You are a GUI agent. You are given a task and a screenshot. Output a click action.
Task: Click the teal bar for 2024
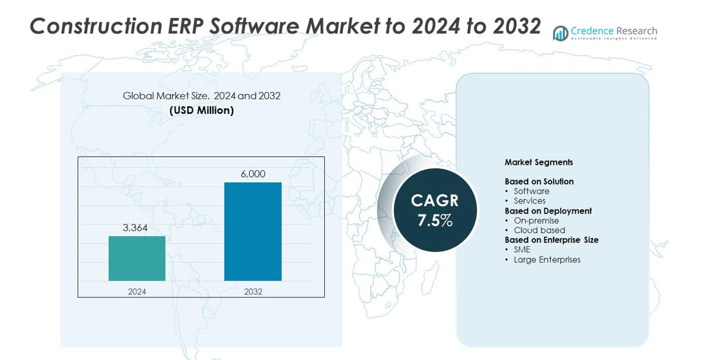(137, 258)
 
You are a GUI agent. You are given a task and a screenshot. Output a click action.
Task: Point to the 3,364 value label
(135, 228)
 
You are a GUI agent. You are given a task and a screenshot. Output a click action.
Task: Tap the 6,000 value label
(253, 174)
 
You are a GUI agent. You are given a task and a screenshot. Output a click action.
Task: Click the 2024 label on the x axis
(137, 292)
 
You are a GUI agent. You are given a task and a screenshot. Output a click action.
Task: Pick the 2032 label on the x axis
(253, 292)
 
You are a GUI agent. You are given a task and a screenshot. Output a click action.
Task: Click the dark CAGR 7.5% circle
(435, 210)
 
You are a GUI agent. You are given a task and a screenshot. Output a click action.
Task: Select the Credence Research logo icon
(560, 33)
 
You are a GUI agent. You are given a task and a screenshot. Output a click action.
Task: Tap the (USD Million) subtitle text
(201, 111)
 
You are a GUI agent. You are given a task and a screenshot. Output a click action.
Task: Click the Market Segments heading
(539, 162)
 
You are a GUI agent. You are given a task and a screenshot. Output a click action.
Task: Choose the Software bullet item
(531, 191)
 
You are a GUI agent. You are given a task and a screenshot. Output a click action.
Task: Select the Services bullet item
(529, 201)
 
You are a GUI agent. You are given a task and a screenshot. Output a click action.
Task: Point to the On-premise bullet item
(536, 221)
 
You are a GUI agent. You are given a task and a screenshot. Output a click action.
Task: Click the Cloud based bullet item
(539, 230)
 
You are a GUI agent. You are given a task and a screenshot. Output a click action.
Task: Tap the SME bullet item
(522, 250)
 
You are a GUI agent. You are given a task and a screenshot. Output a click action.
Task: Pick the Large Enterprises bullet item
(547, 259)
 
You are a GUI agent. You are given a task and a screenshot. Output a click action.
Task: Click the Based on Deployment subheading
(548, 211)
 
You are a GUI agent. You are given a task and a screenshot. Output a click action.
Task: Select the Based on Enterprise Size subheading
(551, 240)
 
